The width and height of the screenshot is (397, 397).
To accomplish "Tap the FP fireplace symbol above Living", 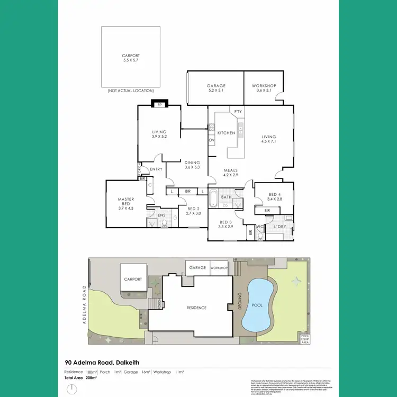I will click(159, 105).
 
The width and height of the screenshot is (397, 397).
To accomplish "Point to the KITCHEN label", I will click(226, 133).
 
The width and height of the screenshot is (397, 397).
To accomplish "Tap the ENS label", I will click(161, 215).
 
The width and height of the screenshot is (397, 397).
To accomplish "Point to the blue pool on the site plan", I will click(257, 305).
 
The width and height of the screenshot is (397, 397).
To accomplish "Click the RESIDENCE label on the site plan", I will click(196, 308).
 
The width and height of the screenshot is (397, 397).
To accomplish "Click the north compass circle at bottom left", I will click(70, 389).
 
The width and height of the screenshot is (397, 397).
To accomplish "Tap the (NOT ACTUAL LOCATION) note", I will click(130, 91).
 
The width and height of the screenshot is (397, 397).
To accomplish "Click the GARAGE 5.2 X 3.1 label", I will click(216, 88).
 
